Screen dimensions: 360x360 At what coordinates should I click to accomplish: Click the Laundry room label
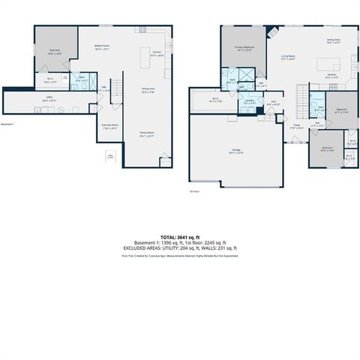[248, 103]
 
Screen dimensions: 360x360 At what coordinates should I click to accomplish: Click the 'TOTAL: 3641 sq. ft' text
[179, 237]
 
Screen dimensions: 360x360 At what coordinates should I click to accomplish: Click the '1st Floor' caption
[193, 192]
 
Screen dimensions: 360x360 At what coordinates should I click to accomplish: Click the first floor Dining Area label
[333, 40]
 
